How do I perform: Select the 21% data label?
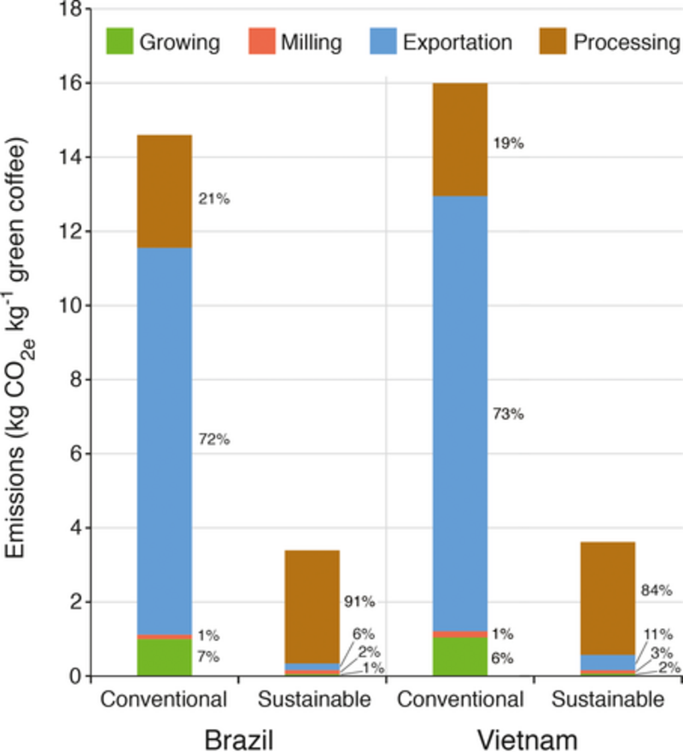tap(214, 199)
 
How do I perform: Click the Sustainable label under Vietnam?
tap(608, 701)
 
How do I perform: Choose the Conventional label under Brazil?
tap(163, 701)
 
